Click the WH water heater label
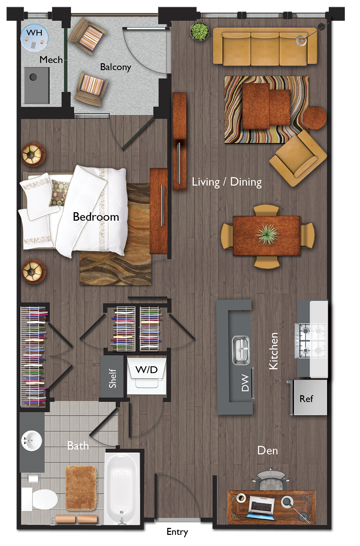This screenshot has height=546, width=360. point(34,33)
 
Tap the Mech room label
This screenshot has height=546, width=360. point(51,60)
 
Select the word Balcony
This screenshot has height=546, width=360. point(116,67)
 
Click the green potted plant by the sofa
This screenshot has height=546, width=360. point(199,31)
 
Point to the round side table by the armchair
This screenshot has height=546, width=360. point(314,117)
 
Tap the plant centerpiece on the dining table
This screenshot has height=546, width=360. point(267,234)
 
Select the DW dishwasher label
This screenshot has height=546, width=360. point(245,382)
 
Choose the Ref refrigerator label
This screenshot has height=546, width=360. point(306,399)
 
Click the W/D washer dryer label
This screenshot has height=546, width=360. point(147,370)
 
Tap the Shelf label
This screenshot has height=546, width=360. point(113,378)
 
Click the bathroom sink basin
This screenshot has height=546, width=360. point(32,440)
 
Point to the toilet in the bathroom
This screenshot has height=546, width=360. point(40,499)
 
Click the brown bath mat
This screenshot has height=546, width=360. point(81,488)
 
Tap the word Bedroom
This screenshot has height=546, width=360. point(96,217)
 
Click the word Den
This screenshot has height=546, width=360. point(267,451)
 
